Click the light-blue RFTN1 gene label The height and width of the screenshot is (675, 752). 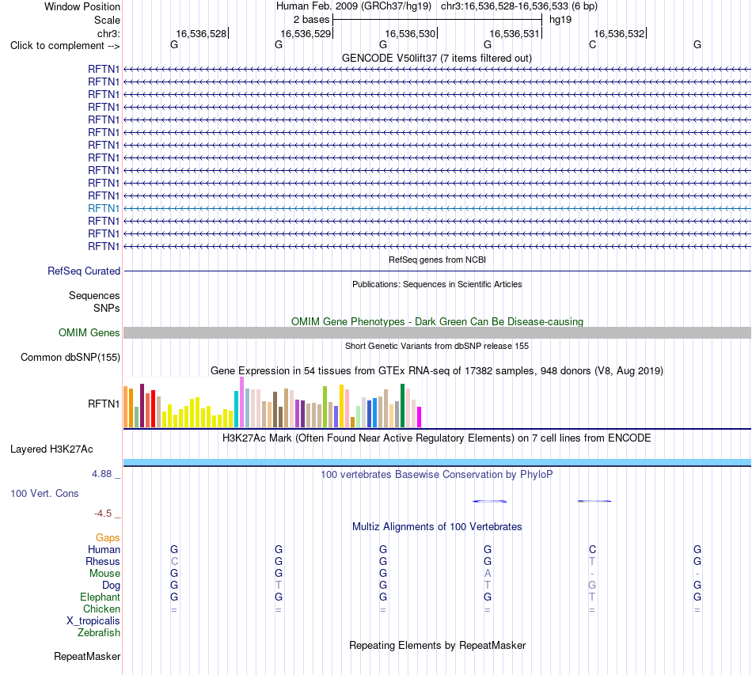[x=104, y=209]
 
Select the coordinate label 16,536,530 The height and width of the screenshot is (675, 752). [x=410, y=33]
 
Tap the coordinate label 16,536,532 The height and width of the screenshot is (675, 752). [x=619, y=33]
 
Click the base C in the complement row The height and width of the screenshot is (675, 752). [x=592, y=44]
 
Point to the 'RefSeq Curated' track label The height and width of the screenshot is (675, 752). [x=84, y=271]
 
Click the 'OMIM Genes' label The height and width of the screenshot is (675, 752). [x=89, y=332]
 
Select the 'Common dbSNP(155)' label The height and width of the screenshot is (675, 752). [x=70, y=357]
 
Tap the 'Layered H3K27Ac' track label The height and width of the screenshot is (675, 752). [x=51, y=449]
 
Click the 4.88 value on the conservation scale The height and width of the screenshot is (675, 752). [x=101, y=474]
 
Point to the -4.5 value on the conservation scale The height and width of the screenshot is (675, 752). [x=103, y=514]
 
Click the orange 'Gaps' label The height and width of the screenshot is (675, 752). [x=108, y=538]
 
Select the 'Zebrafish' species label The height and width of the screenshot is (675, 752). [x=99, y=633]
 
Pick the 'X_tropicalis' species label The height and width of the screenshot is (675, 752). [x=93, y=621]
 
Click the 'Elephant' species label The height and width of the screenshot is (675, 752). [x=101, y=597]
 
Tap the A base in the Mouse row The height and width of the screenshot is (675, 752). [x=488, y=574]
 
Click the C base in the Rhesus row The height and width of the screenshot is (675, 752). [x=174, y=561]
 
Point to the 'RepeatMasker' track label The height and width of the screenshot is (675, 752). [x=87, y=656]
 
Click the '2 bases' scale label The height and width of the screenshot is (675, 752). [x=312, y=20]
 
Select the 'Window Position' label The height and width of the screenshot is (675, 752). [x=82, y=6]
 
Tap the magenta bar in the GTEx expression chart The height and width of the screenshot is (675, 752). [x=420, y=417]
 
